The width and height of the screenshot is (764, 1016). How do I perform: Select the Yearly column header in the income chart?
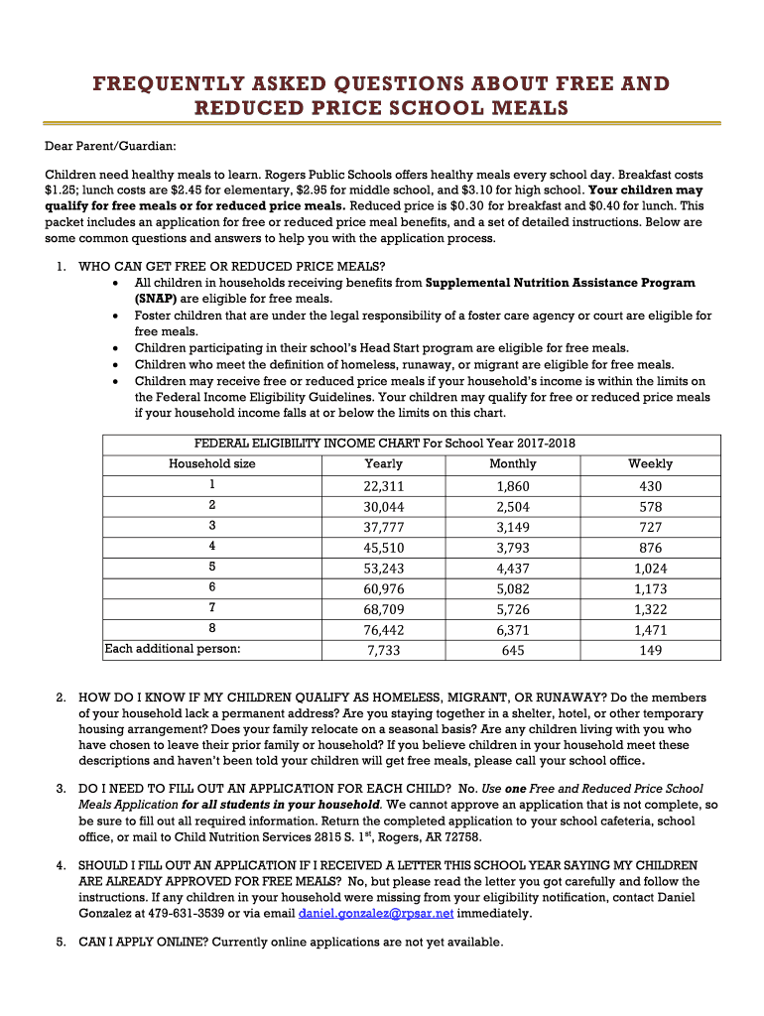[x=384, y=463]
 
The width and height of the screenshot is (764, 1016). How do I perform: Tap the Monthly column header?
[x=513, y=463]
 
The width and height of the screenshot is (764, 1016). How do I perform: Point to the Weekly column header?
[x=650, y=463]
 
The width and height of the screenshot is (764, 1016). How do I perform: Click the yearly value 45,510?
[x=384, y=547]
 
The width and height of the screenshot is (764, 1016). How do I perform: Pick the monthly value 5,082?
[x=513, y=588]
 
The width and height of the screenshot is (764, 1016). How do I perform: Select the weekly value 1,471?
[x=650, y=630]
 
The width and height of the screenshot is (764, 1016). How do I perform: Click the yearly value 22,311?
[x=384, y=486]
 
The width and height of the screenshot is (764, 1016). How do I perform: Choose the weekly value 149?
[x=650, y=651]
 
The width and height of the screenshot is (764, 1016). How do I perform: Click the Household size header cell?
[x=211, y=463]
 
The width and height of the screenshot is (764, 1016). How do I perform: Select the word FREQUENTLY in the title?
[x=165, y=83]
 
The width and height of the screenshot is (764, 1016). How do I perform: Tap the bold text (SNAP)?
[x=156, y=298]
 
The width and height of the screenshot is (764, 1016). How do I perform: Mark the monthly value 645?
[x=513, y=651]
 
